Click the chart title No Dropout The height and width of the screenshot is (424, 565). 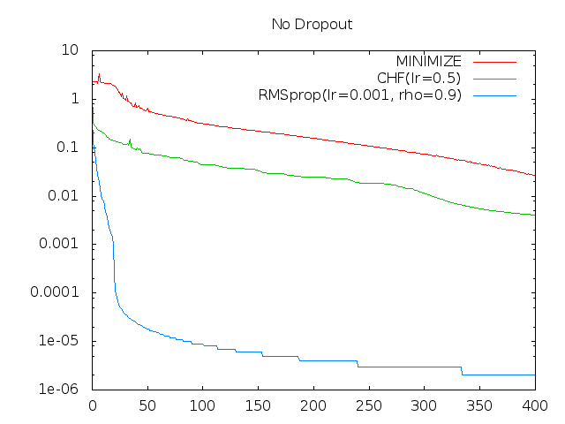tap(312, 24)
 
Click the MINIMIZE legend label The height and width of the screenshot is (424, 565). tap(429, 61)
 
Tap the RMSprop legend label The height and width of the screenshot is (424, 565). tap(360, 95)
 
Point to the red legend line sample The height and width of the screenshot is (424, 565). tap(494, 62)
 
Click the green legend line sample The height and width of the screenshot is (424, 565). tap(494, 79)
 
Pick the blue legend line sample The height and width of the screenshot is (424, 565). tap(494, 95)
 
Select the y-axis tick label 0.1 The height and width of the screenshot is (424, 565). tap(68, 148)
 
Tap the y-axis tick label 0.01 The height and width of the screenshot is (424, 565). tap(64, 196)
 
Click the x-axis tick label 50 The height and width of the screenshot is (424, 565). tap(147, 407)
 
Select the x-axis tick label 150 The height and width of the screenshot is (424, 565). tap(258, 407)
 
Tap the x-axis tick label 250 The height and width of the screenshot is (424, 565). tap(369, 407)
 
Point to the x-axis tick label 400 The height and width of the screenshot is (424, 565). tap(535, 407)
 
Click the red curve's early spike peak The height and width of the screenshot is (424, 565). tap(99, 74)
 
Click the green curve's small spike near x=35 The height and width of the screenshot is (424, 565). tap(130, 139)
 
